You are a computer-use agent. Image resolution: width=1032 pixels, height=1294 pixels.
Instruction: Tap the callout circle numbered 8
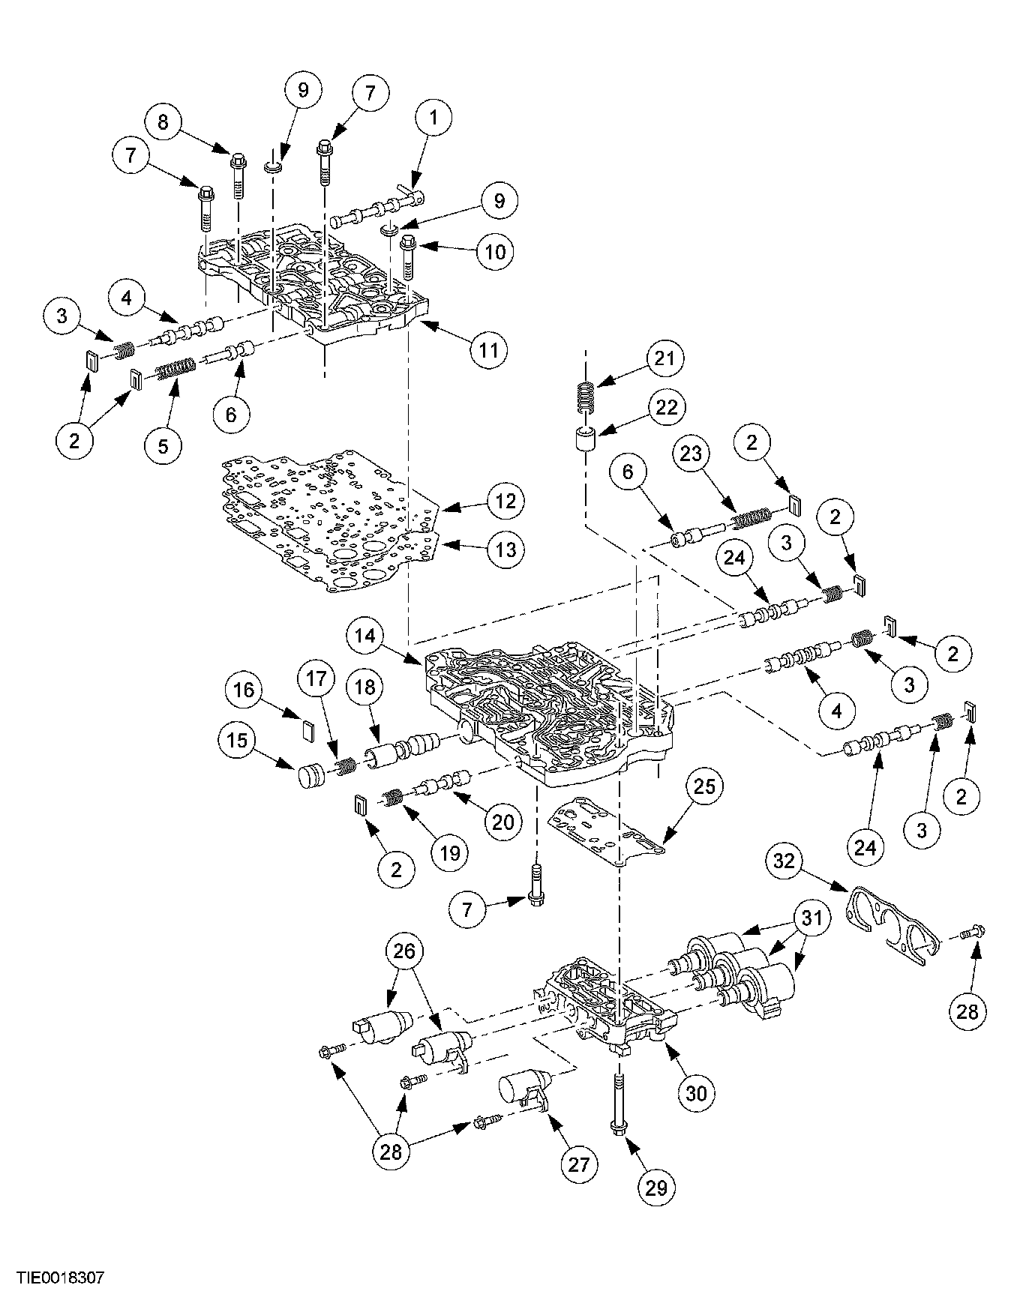coord(163,122)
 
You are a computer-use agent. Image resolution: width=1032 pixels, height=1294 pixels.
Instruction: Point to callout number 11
coord(489,350)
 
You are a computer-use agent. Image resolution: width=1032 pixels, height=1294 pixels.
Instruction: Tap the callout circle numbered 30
coord(696,1093)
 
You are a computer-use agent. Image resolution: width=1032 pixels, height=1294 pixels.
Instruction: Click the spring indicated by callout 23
coord(751,517)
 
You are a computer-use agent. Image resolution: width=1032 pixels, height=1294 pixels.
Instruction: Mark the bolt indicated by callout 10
coord(409,256)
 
